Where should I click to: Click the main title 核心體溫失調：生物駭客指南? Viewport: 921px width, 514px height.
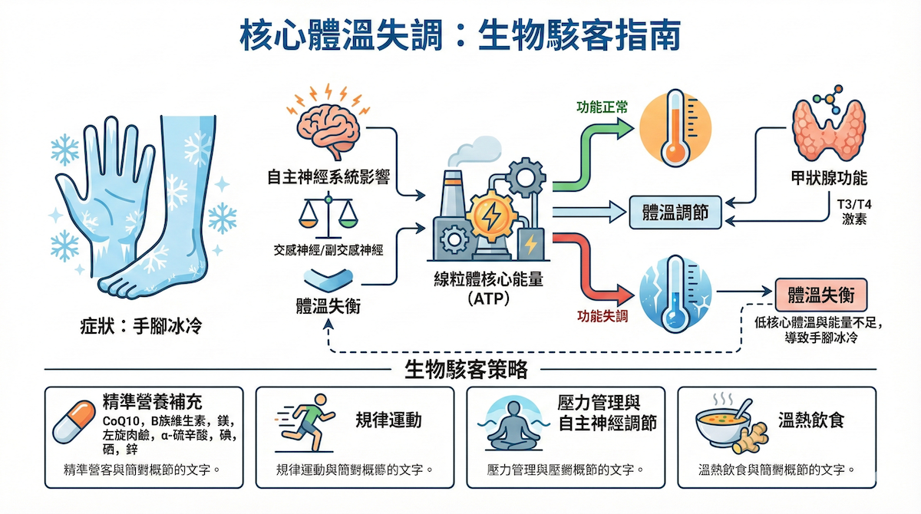pyautogui.click(x=460, y=36)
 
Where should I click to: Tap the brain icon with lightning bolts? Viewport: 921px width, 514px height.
pyautogui.click(x=328, y=124)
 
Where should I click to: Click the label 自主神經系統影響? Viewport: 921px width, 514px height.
pyautogui.click(x=328, y=179)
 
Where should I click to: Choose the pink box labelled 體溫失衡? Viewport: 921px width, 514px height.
pyautogui.click(x=821, y=295)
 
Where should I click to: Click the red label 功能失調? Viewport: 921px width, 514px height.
pyautogui.click(x=602, y=315)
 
